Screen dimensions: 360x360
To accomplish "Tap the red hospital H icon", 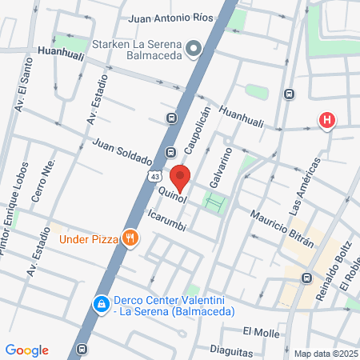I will (326, 121).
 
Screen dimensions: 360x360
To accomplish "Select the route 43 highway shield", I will (154, 174).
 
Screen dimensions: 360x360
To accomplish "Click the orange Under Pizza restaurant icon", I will (129, 237).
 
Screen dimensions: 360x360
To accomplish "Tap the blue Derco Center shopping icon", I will (102, 305).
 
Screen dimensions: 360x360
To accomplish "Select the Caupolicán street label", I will (197, 129).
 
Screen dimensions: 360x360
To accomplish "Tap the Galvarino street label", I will (220, 167).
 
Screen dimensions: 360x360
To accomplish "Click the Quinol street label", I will (174, 193).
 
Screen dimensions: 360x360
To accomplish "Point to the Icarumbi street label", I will (167, 221).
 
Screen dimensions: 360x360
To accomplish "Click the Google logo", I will (26, 350).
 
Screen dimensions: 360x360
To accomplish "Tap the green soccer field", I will (214, 201).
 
